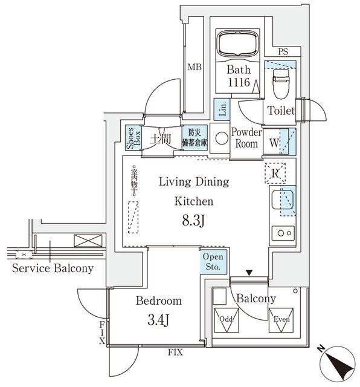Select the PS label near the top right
click(282, 53)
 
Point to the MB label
click(194, 67)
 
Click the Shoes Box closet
click(131, 137)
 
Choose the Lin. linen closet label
click(222, 108)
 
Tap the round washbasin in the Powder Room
click(221, 137)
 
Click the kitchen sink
click(281, 199)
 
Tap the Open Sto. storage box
click(213, 262)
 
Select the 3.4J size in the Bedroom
click(158, 319)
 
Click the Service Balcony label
click(53, 268)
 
